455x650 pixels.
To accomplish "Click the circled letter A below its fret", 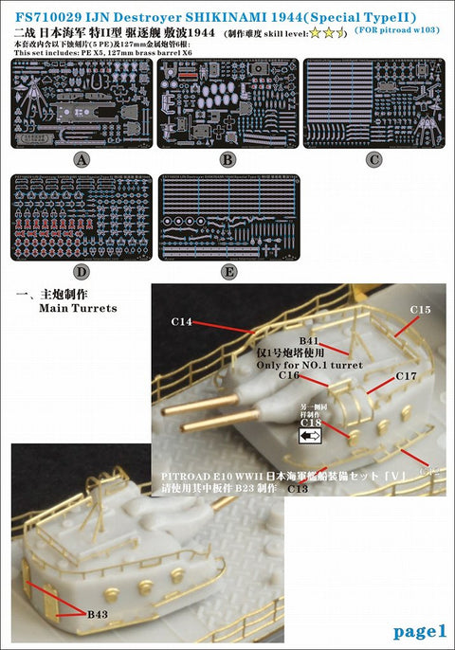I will [81, 159].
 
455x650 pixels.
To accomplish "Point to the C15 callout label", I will [420, 310].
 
